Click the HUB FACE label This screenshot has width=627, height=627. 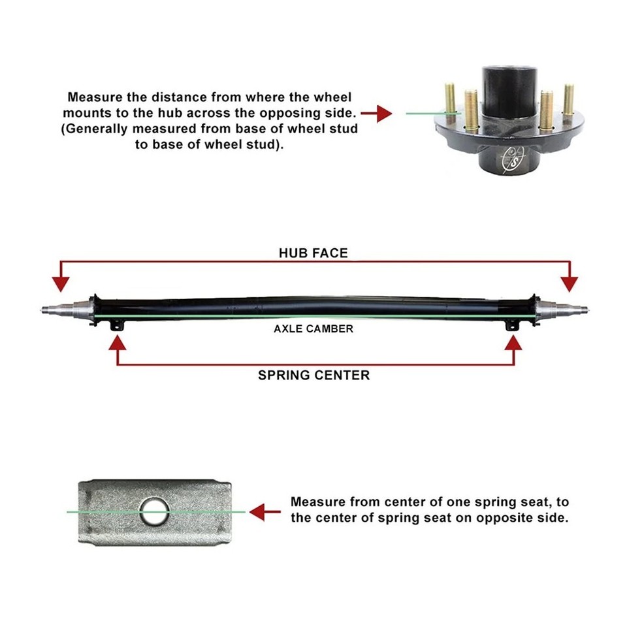(313, 253)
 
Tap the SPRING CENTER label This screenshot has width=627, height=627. (313, 375)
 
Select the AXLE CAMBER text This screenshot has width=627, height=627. (313, 329)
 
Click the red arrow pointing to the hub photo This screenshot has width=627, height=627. (376, 114)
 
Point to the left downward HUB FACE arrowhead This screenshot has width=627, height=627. (61, 283)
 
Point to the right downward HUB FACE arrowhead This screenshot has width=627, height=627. (570, 283)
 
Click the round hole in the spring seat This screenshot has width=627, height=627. (155, 510)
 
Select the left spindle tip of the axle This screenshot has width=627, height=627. (46, 309)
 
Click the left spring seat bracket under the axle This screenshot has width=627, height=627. (118, 324)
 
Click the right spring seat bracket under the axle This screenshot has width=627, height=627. (514, 324)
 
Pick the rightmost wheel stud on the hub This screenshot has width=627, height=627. (568, 101)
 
